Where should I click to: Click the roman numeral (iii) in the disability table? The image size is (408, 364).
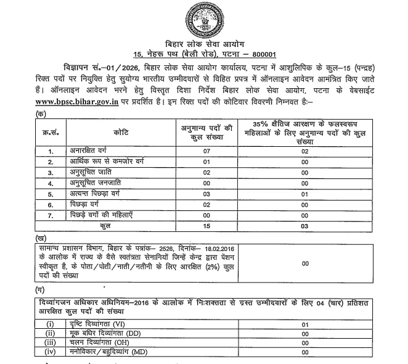tap(51, 342)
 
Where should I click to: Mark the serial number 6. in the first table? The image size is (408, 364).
tap(52, 205)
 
